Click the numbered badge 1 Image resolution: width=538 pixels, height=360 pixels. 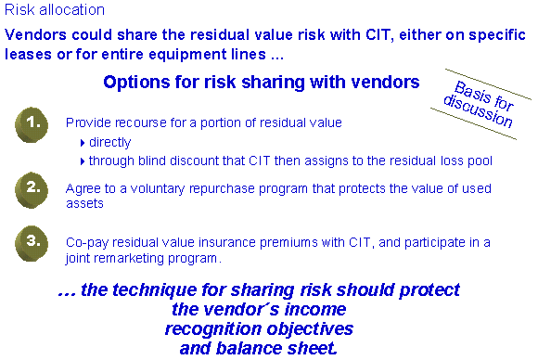pyautogui.click(x=32, y=124)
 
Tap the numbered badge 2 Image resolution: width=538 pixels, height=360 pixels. pyautogui.click(x=32, y=190)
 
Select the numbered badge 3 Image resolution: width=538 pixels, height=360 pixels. pyautogui.click(x=32, y=243)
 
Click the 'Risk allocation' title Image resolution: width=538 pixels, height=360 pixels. pyautogui.click(x=55, y=9)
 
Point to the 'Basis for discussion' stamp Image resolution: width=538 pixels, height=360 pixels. pyautogui.click(x=480, y=104)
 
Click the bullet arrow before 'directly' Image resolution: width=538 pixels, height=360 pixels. pyautogui.click(x=83, y=143)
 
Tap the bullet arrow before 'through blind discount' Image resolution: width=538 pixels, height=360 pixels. pyautogui.click(x=83, y=161)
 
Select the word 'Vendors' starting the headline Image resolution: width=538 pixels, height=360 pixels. pyautogui.click(x=35, y=34)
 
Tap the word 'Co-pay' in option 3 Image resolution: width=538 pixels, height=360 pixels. pyautogui.click(x=87, y=243)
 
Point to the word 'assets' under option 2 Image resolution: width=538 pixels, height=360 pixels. pyautogui.click(x=84, y=203)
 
